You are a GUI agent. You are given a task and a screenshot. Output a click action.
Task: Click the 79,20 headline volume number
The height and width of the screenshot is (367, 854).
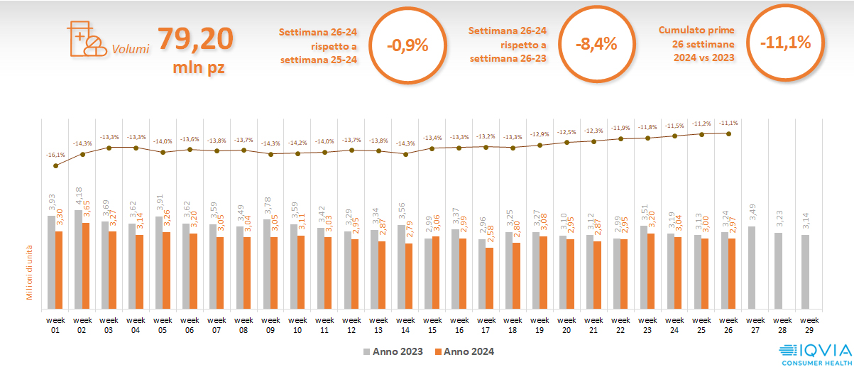coord(195,39)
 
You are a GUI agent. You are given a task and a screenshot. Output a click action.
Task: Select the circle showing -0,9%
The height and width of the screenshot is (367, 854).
coord(407,45)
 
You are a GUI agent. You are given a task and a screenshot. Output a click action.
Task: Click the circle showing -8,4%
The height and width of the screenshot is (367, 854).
coord(596,44)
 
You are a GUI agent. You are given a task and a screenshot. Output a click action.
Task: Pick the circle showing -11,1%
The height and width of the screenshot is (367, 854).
coord(785,43)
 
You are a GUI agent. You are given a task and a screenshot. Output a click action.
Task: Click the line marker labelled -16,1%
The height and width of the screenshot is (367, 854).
coord(55,165)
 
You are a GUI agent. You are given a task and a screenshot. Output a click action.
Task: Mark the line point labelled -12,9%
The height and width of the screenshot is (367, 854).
coord(540,145)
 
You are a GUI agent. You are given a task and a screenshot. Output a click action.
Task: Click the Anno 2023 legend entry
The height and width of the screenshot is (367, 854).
coord(393,351)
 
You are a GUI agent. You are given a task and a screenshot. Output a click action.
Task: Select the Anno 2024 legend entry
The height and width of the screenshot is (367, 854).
coord(464,351)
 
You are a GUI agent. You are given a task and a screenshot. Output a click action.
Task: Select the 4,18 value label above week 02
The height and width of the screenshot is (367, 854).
coord(78,198)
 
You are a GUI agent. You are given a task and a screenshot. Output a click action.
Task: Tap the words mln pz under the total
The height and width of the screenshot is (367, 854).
coord(199,68)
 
